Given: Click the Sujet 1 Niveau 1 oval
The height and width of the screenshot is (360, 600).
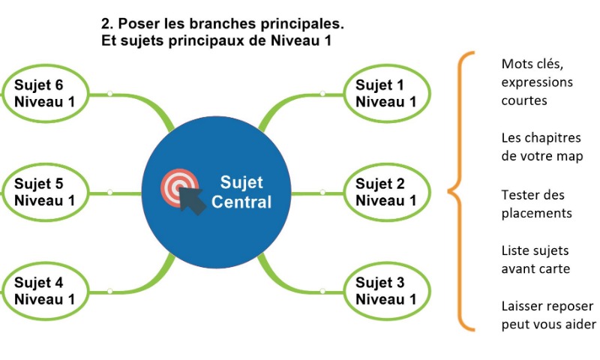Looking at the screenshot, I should [x=387, y=94].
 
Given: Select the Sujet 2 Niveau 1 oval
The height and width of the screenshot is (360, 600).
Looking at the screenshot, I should [x=387, y=193].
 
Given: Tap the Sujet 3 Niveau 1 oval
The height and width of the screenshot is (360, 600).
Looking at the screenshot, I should [x=387, y=291].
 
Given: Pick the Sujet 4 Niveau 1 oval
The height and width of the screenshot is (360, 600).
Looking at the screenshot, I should [x=45, y=291].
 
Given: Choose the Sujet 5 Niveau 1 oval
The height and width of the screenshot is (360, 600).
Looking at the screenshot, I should [x=45, y=193].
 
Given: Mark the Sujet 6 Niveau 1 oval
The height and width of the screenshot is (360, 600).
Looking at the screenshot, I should [x=45, y=94].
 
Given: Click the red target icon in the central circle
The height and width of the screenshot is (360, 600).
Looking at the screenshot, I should [x=178, y=186].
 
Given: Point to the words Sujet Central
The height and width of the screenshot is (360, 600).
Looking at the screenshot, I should [x=241, y=193].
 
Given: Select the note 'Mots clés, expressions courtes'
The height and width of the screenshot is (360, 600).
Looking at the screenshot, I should [x=536, y=81].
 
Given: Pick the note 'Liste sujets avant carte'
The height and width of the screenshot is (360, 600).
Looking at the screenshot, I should [x=535, y=259].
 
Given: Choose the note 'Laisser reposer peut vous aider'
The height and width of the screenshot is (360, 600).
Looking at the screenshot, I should [x=547, y=315].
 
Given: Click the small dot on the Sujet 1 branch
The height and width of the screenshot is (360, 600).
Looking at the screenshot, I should [x=322, y=94].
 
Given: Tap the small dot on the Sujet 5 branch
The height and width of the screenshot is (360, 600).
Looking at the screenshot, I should [x=109, y=193].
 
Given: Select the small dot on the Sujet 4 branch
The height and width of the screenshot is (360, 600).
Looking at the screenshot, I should [x=109, y=291].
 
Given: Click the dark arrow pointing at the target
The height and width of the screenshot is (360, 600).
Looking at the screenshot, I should [x=193, y=202].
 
